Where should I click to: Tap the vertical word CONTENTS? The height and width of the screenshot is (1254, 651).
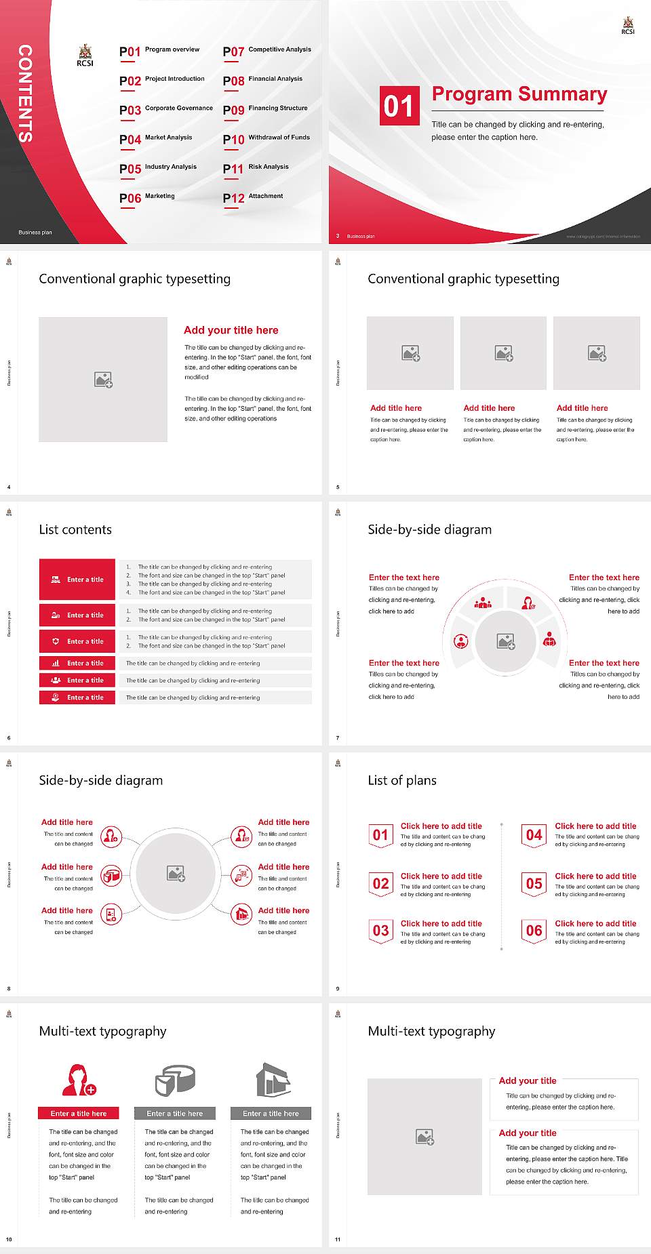(x=25, y=94)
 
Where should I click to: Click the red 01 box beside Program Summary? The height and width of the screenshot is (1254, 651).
(x=399, y=106)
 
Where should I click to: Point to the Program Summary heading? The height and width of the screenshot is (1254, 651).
(x=519, y=94)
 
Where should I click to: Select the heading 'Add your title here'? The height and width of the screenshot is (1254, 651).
(x=231, y=330)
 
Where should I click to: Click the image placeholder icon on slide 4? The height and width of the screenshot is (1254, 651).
(x=103, y=380)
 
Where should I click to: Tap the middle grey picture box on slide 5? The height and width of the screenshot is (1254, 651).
(x=503, y=353)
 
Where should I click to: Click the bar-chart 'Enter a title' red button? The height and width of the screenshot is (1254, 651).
(x=77, y=663)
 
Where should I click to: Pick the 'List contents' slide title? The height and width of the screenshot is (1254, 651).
(x=75, y=529)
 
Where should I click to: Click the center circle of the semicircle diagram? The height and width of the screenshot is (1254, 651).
(x=505, y=641)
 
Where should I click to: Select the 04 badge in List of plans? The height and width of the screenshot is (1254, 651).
(x=534, y=835)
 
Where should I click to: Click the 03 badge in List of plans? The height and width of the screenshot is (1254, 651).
(x=380, y=931)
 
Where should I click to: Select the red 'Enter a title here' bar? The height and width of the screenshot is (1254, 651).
(x=78, y=1113)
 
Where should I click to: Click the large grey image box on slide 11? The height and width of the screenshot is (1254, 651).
(x=425, y=1137)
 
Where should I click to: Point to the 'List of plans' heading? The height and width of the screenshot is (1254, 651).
(x=402, y=780)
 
